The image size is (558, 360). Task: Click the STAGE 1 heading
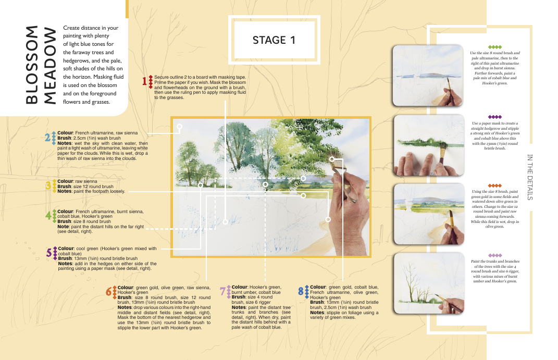(274, 40)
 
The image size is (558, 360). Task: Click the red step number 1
(144, 81)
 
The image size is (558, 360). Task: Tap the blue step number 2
(48, 138)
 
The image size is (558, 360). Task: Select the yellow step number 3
(48, 185)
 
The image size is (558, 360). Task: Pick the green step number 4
(48, 216)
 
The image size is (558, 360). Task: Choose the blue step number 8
(301, 291)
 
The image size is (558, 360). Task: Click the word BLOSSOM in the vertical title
(32, 65)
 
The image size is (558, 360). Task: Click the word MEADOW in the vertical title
(50, 66)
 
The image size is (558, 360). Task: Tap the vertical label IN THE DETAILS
(529, 177)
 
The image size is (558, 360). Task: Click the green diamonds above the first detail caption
(494, 47)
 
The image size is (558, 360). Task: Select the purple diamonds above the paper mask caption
(494, 117)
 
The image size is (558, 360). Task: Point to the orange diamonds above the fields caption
(494, 185)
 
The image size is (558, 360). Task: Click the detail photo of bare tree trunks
(429, 283)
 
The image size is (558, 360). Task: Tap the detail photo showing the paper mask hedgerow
(429, 145)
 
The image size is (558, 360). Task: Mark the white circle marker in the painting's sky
(179, 127)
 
